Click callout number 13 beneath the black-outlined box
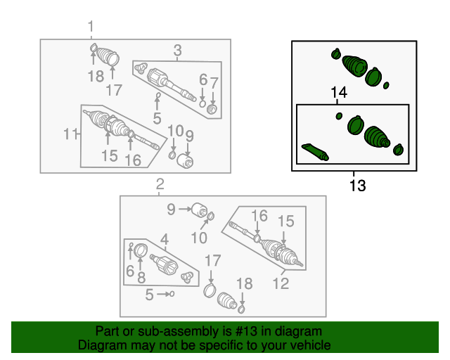pos(358,186)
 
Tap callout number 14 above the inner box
pos(339,92)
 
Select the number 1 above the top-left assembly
pos(91,27)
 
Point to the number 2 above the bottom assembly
pos(160,184)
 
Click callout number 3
pos(178,50)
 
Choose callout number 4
pos(165,240)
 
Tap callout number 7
pos(214,83)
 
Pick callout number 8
pos(141,278)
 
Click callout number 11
pos(70,134)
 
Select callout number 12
pos(281,283)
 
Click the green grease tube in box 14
pos(315,152)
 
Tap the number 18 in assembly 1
pos(96,77)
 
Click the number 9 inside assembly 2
pos(171,210)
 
